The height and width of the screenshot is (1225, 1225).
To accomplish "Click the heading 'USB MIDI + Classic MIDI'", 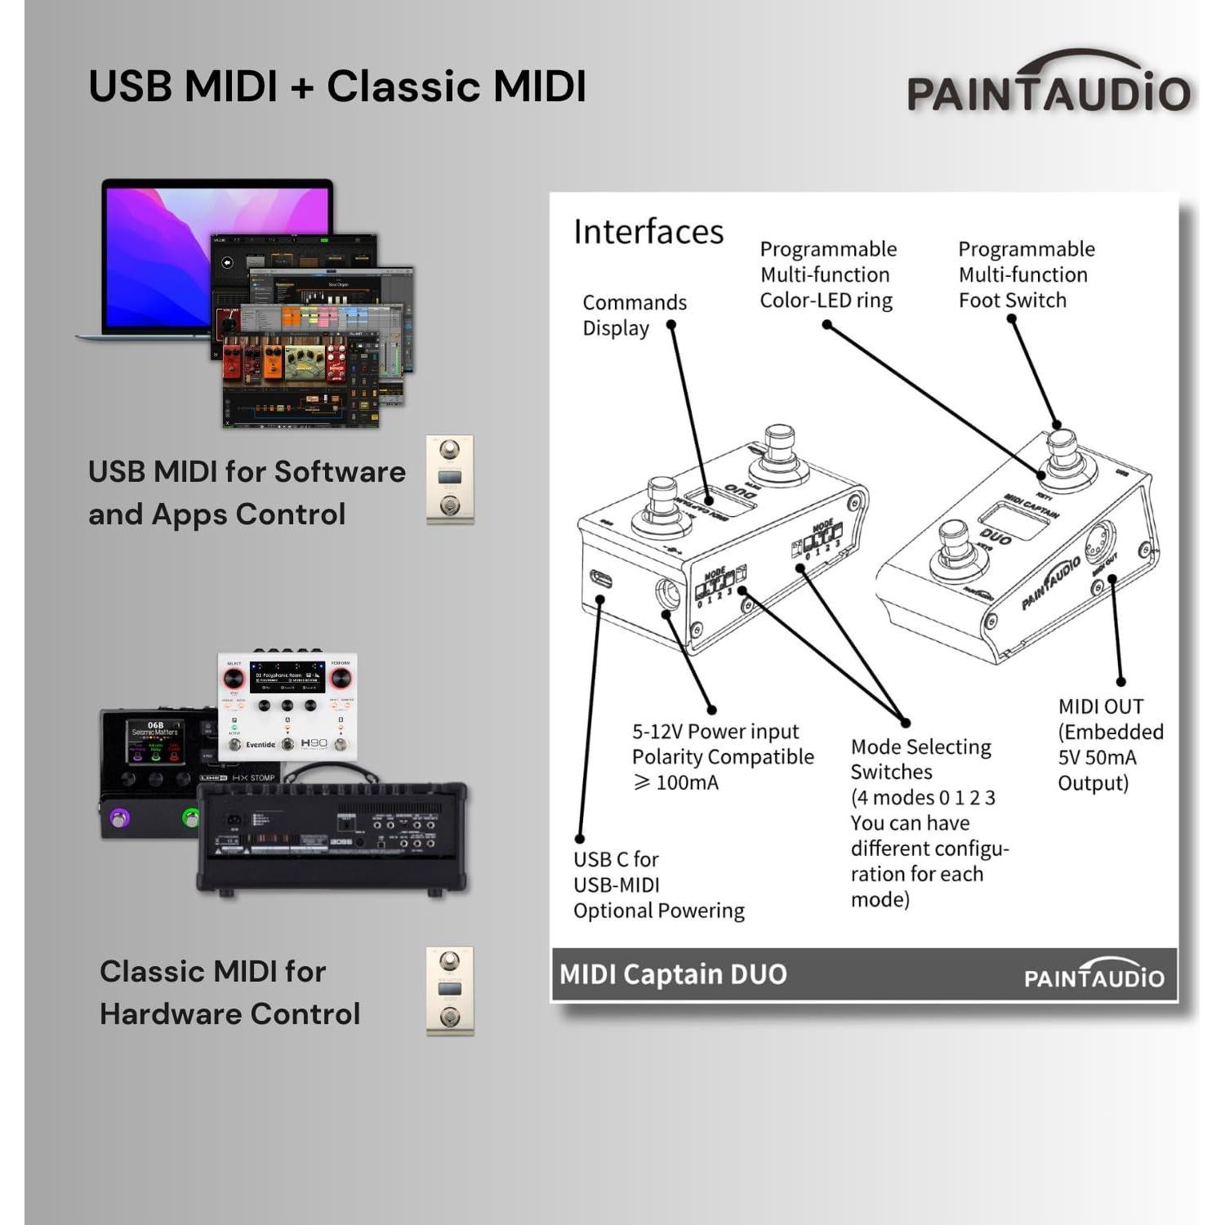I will (337, 87).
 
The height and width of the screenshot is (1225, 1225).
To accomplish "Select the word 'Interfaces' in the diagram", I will (648, 232).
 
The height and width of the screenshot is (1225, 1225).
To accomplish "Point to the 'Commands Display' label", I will (634, 315).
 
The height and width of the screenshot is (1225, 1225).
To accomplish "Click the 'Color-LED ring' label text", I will (826, 301).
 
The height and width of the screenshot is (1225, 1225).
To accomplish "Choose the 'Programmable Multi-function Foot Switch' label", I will (1025, 274).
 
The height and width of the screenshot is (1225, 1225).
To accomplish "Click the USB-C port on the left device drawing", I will (601, 580).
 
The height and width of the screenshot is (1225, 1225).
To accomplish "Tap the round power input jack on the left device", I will (667, 594).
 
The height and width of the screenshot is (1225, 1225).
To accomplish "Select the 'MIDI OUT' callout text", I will (1100, 706).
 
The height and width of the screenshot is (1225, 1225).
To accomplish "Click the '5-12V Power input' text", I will (715, 732).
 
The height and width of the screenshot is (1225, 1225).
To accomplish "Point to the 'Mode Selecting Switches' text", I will (920, 759).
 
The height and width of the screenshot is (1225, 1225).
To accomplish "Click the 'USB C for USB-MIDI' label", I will (617, 872).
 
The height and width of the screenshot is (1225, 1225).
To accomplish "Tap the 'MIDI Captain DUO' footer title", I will (673, 974).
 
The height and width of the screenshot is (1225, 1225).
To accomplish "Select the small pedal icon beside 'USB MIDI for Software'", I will (450, 479).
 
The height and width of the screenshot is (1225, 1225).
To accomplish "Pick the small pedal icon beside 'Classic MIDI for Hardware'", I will (450, 991).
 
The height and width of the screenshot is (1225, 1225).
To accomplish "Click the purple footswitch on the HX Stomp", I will (120, 817).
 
